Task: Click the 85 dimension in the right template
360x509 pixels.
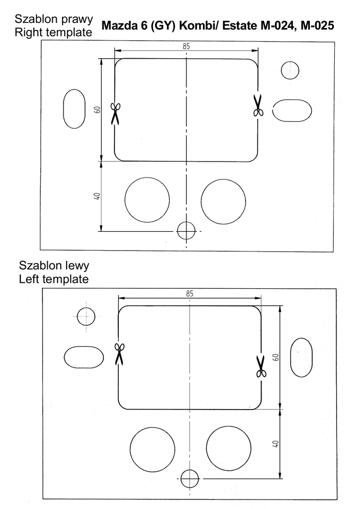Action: click(186, 46)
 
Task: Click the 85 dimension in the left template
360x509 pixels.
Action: click(189, 293)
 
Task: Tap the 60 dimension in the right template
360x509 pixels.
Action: click(98, 109)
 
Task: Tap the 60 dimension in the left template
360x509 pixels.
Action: click(275, 357)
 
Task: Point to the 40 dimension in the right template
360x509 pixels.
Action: click(97, 196)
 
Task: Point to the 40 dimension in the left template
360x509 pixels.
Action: click(275, 444)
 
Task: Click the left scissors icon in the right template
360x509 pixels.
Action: click(115, 113)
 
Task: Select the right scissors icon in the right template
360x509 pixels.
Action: click(258, 105)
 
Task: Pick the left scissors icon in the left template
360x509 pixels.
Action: click(119, 353)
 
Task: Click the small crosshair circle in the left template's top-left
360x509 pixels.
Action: click(86, 316)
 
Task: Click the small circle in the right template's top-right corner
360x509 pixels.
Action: click(290, 70)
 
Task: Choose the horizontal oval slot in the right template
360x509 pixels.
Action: click(292, 110)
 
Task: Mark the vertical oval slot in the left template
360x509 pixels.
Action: click(301, 357)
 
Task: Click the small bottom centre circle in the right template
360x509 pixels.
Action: click(186, 231)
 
